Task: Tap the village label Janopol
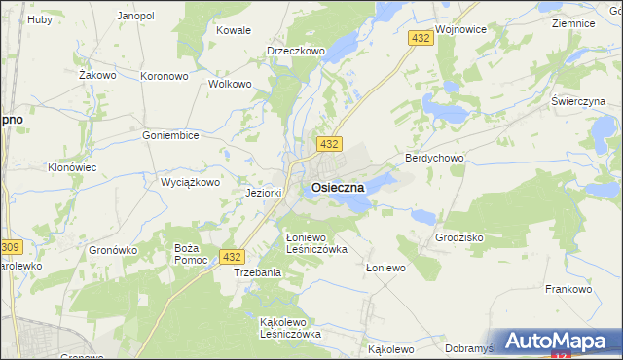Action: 135,17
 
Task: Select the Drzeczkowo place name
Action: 295,51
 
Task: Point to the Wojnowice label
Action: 461,30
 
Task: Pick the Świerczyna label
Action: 578,101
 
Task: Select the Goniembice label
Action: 170,135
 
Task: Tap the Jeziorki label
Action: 264,193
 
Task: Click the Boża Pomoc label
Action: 186,255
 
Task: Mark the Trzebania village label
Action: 258,272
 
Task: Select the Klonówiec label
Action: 72,167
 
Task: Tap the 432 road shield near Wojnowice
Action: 421,38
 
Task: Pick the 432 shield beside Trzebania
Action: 231,257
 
